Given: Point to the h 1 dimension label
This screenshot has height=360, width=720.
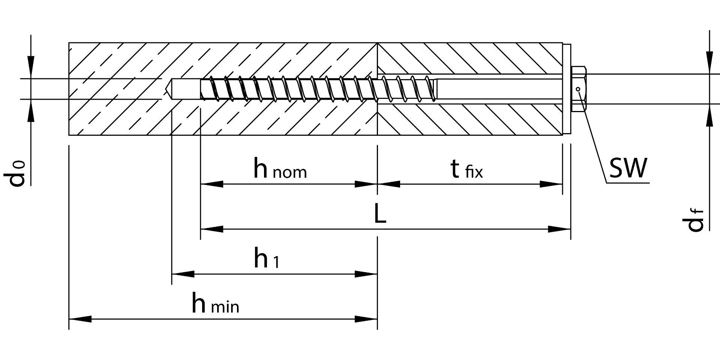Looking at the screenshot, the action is point(266,258).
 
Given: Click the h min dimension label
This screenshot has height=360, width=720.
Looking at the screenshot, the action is point(215,304).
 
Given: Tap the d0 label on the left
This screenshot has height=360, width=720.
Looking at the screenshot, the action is point(17,173).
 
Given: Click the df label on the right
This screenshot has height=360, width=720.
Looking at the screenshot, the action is point(695,220).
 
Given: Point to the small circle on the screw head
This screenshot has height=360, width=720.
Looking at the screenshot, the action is point(578,89).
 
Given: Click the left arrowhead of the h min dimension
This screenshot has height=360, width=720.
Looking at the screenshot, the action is point(80,319).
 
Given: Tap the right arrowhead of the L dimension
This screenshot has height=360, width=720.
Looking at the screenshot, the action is point(559,229).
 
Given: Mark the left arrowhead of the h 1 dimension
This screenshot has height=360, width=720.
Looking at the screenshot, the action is point(183,274).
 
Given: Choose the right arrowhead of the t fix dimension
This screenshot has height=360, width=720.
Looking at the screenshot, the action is point(551,184).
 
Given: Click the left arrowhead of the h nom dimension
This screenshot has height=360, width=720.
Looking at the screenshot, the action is point(212,184).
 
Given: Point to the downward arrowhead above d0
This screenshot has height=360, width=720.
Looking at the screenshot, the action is point(31,67).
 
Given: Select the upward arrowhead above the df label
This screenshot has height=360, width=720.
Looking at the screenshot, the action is point(709,115).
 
